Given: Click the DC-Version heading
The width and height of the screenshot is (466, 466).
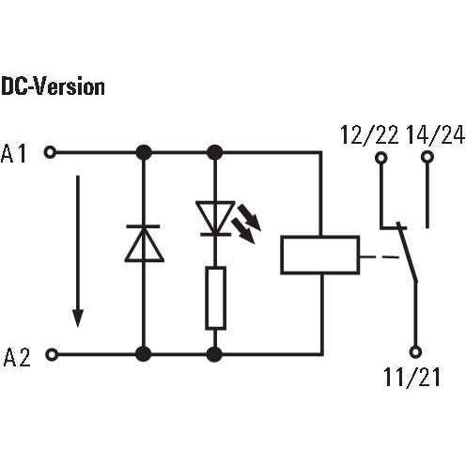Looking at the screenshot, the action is [53, 86].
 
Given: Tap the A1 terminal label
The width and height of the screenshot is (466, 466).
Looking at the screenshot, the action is [13, 154].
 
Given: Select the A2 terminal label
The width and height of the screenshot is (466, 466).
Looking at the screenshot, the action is [17, 357].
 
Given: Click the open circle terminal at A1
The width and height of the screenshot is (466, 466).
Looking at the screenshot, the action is [50, 152].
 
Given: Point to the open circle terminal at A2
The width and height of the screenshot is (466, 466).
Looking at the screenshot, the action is [52, 354].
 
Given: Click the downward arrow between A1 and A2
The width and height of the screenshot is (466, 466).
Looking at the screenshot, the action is [78, 251].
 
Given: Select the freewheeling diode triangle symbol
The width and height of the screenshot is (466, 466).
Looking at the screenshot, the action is [144, 243].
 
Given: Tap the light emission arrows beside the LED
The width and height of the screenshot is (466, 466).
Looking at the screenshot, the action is [246, 224].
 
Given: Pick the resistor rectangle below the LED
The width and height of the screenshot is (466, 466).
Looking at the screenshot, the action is [215, 298].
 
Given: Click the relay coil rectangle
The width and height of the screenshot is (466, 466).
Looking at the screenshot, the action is [320, 255].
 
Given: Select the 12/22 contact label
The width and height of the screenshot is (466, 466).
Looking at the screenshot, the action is [369, 135].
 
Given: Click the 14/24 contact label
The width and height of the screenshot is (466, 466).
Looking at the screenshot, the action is [435, 135].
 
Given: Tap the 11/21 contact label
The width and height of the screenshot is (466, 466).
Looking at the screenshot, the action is [412, 377].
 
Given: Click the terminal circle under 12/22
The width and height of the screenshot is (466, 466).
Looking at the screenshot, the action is [381, 157].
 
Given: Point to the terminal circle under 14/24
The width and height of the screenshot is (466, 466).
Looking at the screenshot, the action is [427, 156].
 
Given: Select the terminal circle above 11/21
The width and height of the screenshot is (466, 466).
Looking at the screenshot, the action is [415, 351].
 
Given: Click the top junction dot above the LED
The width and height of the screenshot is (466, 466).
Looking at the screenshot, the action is [215, 152].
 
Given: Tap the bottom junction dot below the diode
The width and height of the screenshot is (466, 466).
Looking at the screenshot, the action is [144, 354].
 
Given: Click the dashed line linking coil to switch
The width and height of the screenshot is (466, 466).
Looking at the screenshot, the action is [380, 257].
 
